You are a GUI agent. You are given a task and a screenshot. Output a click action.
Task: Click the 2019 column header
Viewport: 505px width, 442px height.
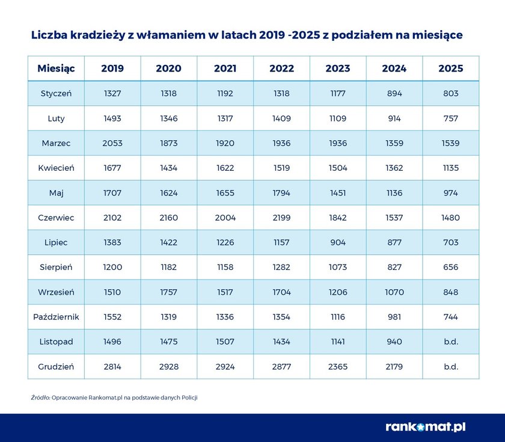tap(112, 69)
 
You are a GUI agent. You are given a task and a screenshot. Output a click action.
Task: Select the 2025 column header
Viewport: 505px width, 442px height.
tap(451, 69)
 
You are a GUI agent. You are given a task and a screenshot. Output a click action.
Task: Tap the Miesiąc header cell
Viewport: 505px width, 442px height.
tap(56, 69)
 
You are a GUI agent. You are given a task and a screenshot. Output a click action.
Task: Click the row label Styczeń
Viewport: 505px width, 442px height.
tap(56, 94)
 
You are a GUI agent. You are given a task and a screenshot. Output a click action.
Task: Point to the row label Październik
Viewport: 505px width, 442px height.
tap(56, 317)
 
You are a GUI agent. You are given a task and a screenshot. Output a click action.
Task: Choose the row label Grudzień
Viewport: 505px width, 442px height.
tap(56, 367)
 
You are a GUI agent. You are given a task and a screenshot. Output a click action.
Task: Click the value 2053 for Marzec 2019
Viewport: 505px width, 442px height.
tap(112, 144)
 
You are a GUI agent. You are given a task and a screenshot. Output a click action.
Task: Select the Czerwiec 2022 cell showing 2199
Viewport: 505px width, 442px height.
tap(281, 218)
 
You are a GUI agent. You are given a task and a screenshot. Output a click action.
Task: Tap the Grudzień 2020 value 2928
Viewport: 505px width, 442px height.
tap(168, 367)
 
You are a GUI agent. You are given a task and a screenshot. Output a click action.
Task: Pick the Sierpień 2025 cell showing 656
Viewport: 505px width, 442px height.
tap(451, 267)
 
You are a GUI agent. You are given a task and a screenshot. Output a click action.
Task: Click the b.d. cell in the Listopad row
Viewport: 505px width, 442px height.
tap(451, 342)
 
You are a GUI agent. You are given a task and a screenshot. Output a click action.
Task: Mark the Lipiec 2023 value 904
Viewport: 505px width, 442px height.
tap(338, 242)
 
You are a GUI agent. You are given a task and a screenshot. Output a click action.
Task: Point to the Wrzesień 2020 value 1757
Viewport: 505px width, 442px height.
tap(168, 292)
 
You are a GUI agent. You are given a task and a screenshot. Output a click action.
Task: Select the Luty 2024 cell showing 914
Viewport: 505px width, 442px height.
tap(394, 118)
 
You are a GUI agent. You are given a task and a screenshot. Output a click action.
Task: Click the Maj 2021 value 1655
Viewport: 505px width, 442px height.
tap(225, 193)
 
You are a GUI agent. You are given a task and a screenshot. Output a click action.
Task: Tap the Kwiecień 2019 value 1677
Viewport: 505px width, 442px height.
tap(112, 168)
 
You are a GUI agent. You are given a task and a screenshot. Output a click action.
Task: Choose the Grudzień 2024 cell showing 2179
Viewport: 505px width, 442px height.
tap(394, 367)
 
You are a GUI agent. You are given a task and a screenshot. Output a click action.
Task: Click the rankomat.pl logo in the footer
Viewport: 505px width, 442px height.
tap(426, 427)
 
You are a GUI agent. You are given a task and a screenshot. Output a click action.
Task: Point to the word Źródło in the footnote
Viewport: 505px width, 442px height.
tap(40, 398)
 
